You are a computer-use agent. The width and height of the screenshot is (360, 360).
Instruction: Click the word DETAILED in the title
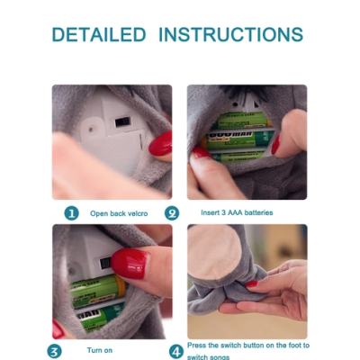pyautogui.click(x=99, y=34)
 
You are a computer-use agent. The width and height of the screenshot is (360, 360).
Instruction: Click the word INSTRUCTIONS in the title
pyautogui.click(x=230, y=34)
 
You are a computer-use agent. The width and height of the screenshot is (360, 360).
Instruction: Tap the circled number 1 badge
pyautogui.click(x=71, y=213)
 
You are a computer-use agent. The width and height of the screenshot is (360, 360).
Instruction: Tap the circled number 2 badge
pyautogui.click(x=172, y=213)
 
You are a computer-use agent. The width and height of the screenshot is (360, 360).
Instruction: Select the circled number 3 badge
pyautogui.click(x=54, y=351)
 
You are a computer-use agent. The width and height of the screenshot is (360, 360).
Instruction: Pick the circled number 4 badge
pyautogui.click(x=176, y=351)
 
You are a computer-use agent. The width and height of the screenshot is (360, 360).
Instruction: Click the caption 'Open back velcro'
pyautogui.click(x=119, y=213)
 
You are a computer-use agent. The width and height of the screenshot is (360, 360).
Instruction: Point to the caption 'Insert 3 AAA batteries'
pyautogui.click(x=237, y=212)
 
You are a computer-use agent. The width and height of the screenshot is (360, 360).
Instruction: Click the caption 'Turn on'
pyautogui.click(x=100, y=350)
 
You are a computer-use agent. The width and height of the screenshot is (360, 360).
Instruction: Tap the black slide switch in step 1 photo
pyautogui.click(x=123, y=121)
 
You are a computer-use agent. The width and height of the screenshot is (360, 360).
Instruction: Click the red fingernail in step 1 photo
pyautogui.click(x=160, y=144)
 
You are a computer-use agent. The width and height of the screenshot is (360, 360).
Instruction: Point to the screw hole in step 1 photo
pyautogui.click(x=90, y=130)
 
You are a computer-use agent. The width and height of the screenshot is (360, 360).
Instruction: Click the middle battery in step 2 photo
pyautogui.click(x=237, y=140)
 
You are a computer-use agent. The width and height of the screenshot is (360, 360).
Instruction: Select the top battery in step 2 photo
pyautogui.click(x=244, y=120)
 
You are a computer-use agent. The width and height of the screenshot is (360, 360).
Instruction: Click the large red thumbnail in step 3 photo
pyautogui.click(x=130, y=264)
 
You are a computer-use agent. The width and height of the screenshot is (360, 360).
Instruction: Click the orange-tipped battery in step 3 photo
pyautogui.click(x=98, y=290)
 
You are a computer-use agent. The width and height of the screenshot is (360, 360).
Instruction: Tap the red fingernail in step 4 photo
pyautogui.click(x=252, y=283)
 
